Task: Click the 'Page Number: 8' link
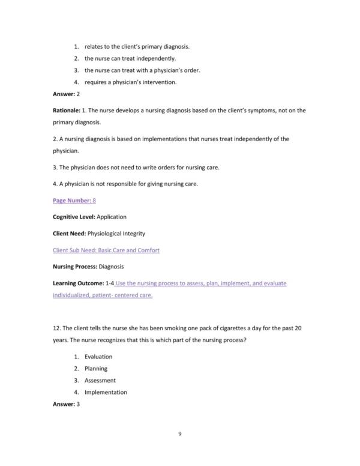point(74,201)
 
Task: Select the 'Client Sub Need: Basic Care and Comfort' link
point(106,249)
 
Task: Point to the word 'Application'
point(112,217)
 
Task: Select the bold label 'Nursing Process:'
point(74,266)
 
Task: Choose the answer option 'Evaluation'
point(98,357)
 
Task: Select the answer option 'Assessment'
point(100,380)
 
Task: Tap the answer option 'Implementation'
point(106,392)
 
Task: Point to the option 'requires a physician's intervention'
point(130,82)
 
